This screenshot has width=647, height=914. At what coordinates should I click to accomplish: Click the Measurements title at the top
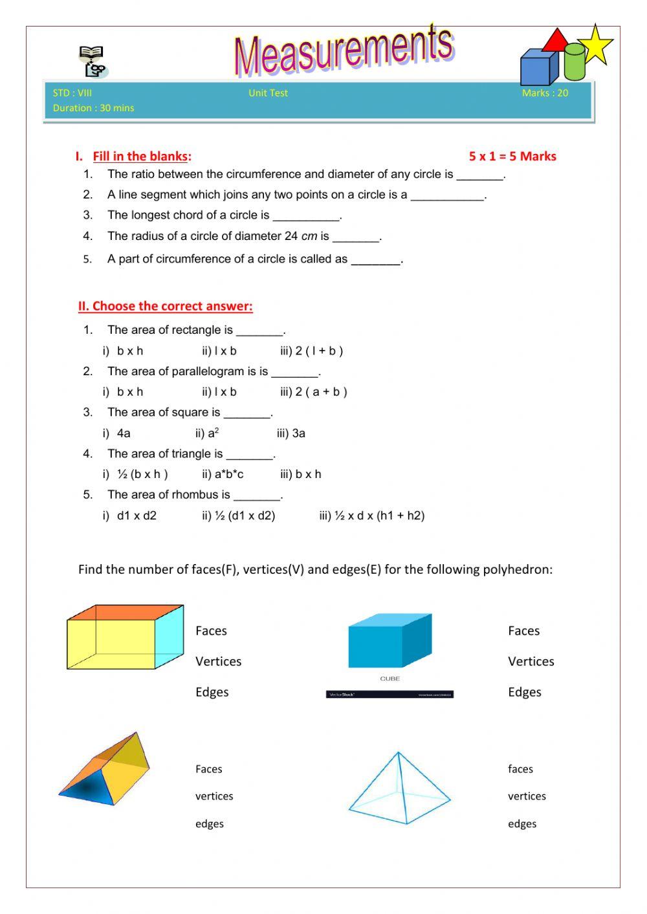(x=344, y=50)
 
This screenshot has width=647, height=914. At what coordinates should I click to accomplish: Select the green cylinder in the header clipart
(x=574, y=61)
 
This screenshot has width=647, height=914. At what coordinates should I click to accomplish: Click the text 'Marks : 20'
(x=545, y=93)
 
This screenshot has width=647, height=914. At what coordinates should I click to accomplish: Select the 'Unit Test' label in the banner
(x=268, y=93)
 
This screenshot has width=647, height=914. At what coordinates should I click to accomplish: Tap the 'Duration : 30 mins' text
(x=93, y=108)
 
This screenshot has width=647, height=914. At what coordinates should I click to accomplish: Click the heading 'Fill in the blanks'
(x=141, y=156)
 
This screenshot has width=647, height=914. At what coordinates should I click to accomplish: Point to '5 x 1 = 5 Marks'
(x=512, y=156)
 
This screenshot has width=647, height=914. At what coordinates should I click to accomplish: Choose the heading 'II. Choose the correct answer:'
(x=165, y=306)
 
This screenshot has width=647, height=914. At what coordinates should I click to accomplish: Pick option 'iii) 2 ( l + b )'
(x=311, y=351)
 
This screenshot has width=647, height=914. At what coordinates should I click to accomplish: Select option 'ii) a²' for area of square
(x=207, y=433)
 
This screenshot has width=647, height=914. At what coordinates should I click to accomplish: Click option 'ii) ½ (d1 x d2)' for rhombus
(x=238, y=516)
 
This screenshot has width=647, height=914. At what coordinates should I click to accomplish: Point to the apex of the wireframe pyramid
(x=399, y=753)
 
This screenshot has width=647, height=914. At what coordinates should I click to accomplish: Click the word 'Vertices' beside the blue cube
(x=531, y=661)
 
